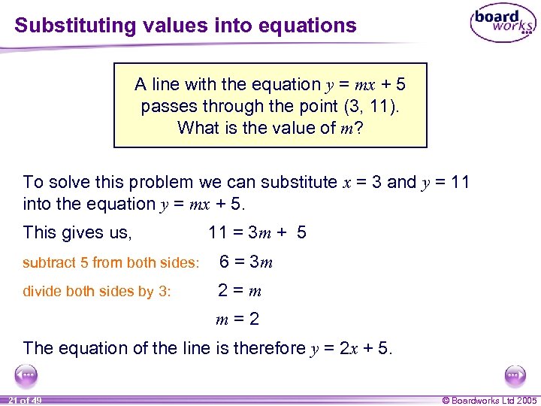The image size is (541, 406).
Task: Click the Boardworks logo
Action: point(502,24)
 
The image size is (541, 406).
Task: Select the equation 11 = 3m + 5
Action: point(257,233)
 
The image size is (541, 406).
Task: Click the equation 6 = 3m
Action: point(246,262)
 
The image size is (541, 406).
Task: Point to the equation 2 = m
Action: point(240,291)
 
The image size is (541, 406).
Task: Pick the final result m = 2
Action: point(237,319)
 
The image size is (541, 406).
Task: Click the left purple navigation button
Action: point(26,374)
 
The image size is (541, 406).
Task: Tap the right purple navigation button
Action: point(514,374)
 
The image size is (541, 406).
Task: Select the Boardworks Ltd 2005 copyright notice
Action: point(490,400)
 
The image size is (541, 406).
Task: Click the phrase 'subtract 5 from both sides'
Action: point(111,263)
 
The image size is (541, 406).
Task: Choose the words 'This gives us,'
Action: point(77,233)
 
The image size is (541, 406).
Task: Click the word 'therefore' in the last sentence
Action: point(270,348)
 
